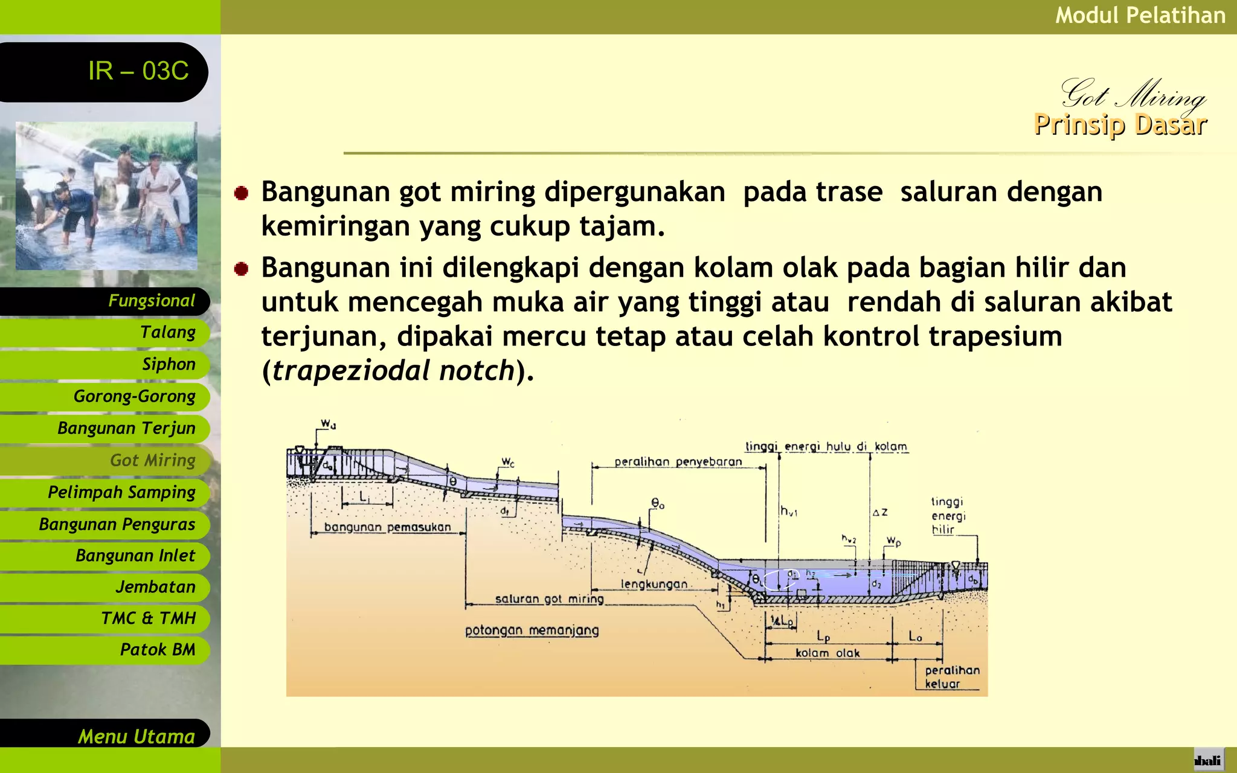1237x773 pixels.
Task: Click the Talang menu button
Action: (x=167, y=333)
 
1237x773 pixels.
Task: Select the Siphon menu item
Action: (x=169, y=365)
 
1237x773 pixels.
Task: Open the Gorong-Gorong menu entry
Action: (x=134, y=397)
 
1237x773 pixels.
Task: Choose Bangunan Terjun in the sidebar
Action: (x=126, y=429)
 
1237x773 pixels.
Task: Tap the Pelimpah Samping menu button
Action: (x=121, y=493)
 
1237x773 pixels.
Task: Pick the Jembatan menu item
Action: (x=155, y=587)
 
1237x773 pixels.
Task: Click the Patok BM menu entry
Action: (x=157, y=650)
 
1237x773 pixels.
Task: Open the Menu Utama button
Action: (x=136, y=736)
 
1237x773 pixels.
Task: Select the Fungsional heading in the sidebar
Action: (x=151, y=301)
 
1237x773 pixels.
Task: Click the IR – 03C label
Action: (x=138, y=71)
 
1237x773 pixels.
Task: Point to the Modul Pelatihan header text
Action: (x=1140, y=16)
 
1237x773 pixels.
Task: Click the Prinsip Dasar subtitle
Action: (x=1120, y=125)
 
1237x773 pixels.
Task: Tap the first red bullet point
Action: (x=242, y=193)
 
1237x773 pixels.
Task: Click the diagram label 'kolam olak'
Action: (x=827, y=653)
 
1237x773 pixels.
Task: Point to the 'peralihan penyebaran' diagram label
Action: (x=678, y=462)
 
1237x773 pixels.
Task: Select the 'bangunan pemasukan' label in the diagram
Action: (x=387, y=527)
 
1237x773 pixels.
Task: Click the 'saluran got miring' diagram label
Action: (x=549, y=598)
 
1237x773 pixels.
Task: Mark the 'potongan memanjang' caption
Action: (x=532, y=630)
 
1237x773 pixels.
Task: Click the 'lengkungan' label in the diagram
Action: (x=654, y=584)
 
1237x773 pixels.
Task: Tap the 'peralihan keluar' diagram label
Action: (x=952, y=677)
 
